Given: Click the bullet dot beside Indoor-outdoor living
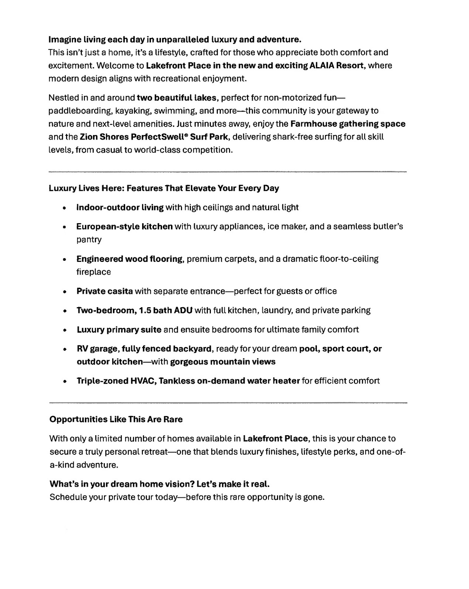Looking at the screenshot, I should pos(65,208).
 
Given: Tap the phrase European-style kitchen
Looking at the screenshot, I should pos(124,227).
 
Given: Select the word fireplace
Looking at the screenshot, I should pos(93,272).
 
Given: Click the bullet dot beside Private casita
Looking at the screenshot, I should pos(65,292).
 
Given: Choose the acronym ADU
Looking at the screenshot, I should pos(183,310).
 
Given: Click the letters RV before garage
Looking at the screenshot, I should pos(82,349).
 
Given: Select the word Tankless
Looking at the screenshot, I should pos(176,381).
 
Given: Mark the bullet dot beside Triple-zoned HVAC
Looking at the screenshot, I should pos(65,382).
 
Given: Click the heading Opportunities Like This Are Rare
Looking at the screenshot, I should pos(116,419).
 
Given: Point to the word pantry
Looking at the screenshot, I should pos(89,240).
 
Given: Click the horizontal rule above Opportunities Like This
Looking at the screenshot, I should pos(228,403).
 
